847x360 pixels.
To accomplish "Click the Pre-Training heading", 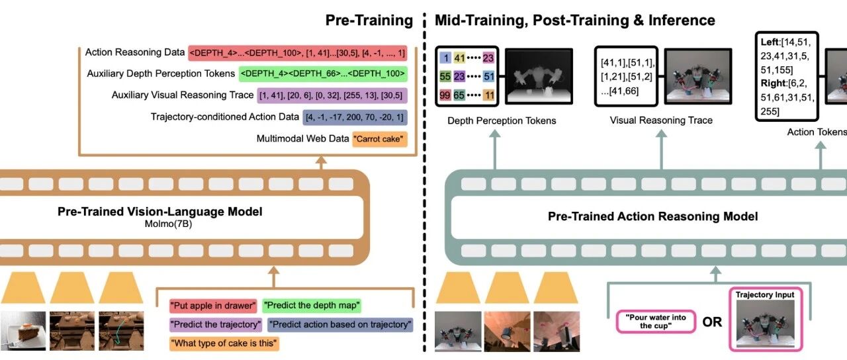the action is pos(369,21).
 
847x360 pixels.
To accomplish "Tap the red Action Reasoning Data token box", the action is pos(298,54).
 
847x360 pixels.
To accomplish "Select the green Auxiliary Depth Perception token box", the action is pos(323,73).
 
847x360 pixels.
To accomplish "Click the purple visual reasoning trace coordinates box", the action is pos(332,95).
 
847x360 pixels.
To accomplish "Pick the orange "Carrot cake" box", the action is pos(380,139).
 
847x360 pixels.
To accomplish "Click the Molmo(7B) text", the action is pos(168,224).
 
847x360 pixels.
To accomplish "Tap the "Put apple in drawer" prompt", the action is pos(213,306).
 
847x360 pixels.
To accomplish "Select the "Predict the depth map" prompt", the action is pos(312,305).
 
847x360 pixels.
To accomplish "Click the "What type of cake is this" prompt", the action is pos(224,343).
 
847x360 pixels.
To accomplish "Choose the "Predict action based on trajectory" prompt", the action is pos(340,324).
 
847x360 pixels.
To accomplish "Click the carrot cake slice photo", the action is pos(22,330).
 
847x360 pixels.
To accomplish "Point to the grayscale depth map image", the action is pos(539,76).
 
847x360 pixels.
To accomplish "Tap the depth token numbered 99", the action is pos(445,95).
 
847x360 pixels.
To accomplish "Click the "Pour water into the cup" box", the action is pos(656,322).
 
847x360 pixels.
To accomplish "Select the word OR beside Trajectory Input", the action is pos(712,322).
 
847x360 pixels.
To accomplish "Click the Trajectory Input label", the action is pos(764,294).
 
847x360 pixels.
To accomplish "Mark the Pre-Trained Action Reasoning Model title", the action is pos(652,216).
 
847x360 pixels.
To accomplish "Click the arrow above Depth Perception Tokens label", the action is pos(494,150).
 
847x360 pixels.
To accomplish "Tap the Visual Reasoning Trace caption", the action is pos(661,120).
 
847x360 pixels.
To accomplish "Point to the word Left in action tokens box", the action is pos(770,42).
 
